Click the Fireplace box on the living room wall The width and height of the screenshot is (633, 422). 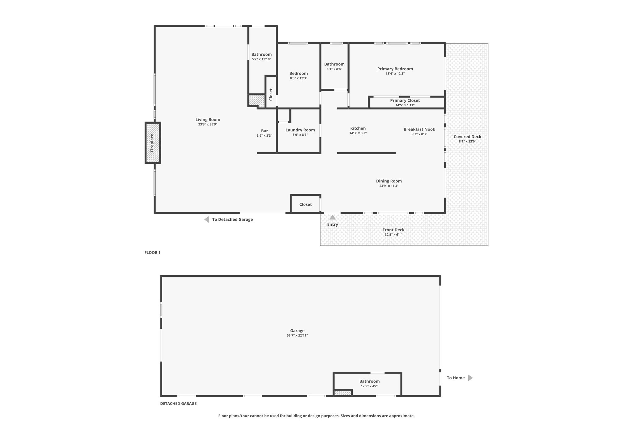[153, 143]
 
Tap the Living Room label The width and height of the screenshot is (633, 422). [208, 120]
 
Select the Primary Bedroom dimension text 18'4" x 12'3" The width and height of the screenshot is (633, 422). [395, 74]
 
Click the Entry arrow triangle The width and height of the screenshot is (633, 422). [333, 217]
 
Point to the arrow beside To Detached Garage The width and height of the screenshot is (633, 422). [206, 220]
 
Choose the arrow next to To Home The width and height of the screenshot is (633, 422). [470, 378]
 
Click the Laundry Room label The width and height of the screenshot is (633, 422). [300, 130]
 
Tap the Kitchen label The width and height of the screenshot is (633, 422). [358, 128]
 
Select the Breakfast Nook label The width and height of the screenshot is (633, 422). [419, 129]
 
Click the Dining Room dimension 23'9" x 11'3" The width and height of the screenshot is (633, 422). [389, 186]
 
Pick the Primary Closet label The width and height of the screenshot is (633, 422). [405, 100]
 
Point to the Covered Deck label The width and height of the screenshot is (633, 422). [467, 137]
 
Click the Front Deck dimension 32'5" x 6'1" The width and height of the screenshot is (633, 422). [393, 235]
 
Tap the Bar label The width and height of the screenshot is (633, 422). [265, 131]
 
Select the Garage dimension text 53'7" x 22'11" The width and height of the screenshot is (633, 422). [297, 335]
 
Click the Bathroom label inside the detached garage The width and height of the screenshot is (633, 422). [369, 381]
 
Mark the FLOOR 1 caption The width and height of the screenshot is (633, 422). [152, 253]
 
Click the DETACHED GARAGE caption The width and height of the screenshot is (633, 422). [178, 403]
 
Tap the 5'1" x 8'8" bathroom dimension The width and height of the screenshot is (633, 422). [334, 69]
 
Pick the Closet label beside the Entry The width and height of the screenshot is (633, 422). [305, 204]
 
